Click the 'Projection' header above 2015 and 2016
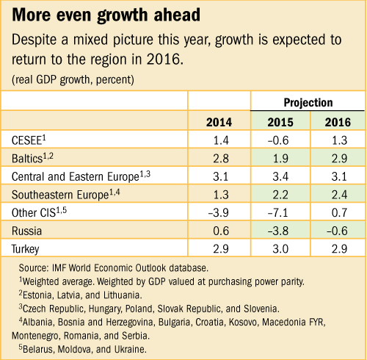pos(308,102)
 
